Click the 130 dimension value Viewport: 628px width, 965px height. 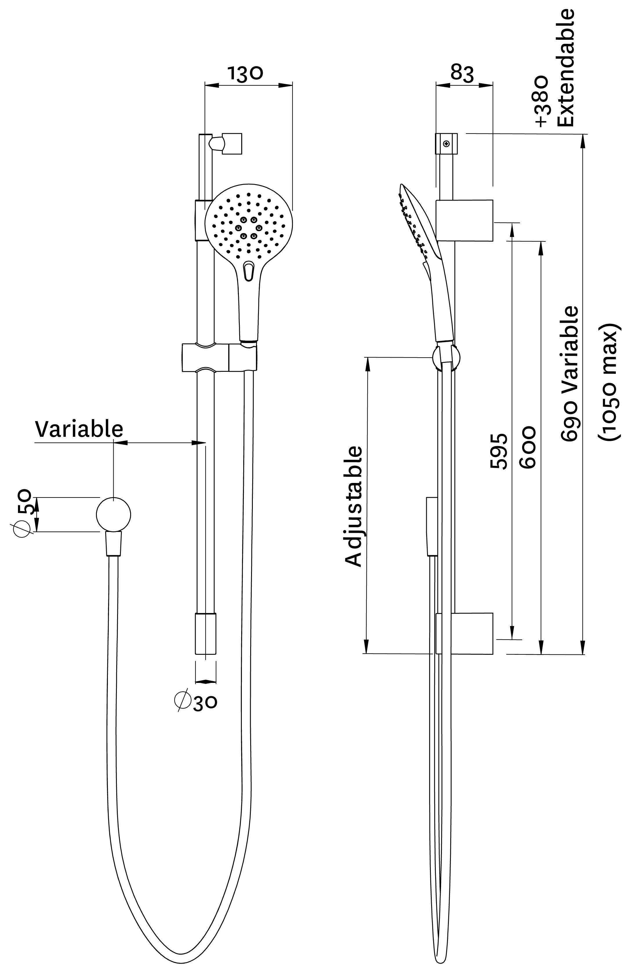245,74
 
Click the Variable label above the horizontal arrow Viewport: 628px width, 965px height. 79,429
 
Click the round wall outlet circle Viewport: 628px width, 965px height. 113,514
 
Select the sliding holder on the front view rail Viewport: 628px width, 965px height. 219,357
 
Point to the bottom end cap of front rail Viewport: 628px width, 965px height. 205,633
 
